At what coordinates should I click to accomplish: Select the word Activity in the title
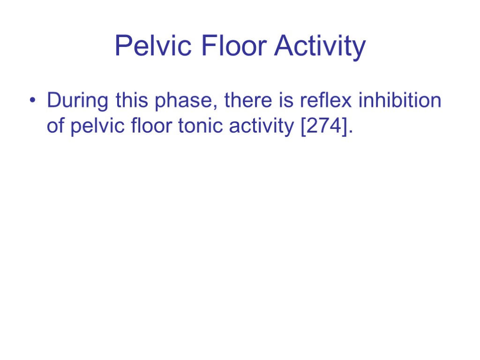320,47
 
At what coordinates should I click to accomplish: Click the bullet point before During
31,101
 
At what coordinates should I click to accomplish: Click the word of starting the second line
56,127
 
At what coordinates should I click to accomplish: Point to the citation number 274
323,127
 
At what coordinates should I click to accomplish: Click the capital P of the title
122,47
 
